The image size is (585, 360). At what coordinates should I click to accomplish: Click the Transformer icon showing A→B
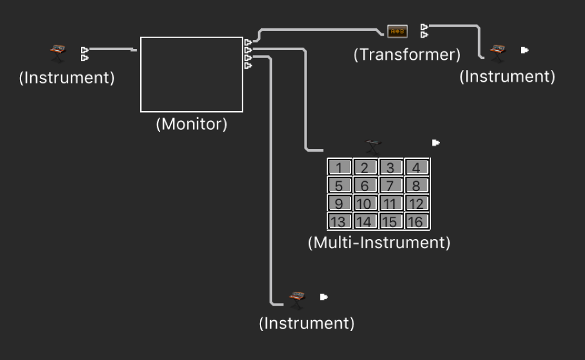[397, 31]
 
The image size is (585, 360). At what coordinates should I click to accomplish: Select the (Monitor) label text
[192, 124]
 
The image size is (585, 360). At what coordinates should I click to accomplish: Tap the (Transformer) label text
[407, 55]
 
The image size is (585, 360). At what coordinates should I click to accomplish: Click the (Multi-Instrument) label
[379, 243]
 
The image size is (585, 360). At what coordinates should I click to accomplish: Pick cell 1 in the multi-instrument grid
[340, 167]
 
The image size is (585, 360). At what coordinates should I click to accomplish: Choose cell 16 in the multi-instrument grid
[417, 221]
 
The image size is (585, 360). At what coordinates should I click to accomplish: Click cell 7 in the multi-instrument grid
[391, 185]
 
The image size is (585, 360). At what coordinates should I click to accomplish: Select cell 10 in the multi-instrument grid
[365, 203]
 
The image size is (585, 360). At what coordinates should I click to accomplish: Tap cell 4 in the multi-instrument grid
[417, 167]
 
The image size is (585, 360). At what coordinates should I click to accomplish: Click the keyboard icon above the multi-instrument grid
[373, 147]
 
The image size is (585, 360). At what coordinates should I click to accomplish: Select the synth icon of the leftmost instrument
[58, 53]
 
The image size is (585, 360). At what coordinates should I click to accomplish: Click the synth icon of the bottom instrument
[297, 300]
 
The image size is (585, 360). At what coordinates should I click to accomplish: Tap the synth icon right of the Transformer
[498, 53]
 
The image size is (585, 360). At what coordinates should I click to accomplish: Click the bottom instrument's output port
[324, 297]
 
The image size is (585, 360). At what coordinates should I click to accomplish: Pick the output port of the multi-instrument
[436, 143]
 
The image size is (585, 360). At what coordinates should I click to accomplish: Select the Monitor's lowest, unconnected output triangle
[248, 66]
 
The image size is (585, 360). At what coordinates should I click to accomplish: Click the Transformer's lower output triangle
[424, 34]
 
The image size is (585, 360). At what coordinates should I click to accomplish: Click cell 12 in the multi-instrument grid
[417, 203]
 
